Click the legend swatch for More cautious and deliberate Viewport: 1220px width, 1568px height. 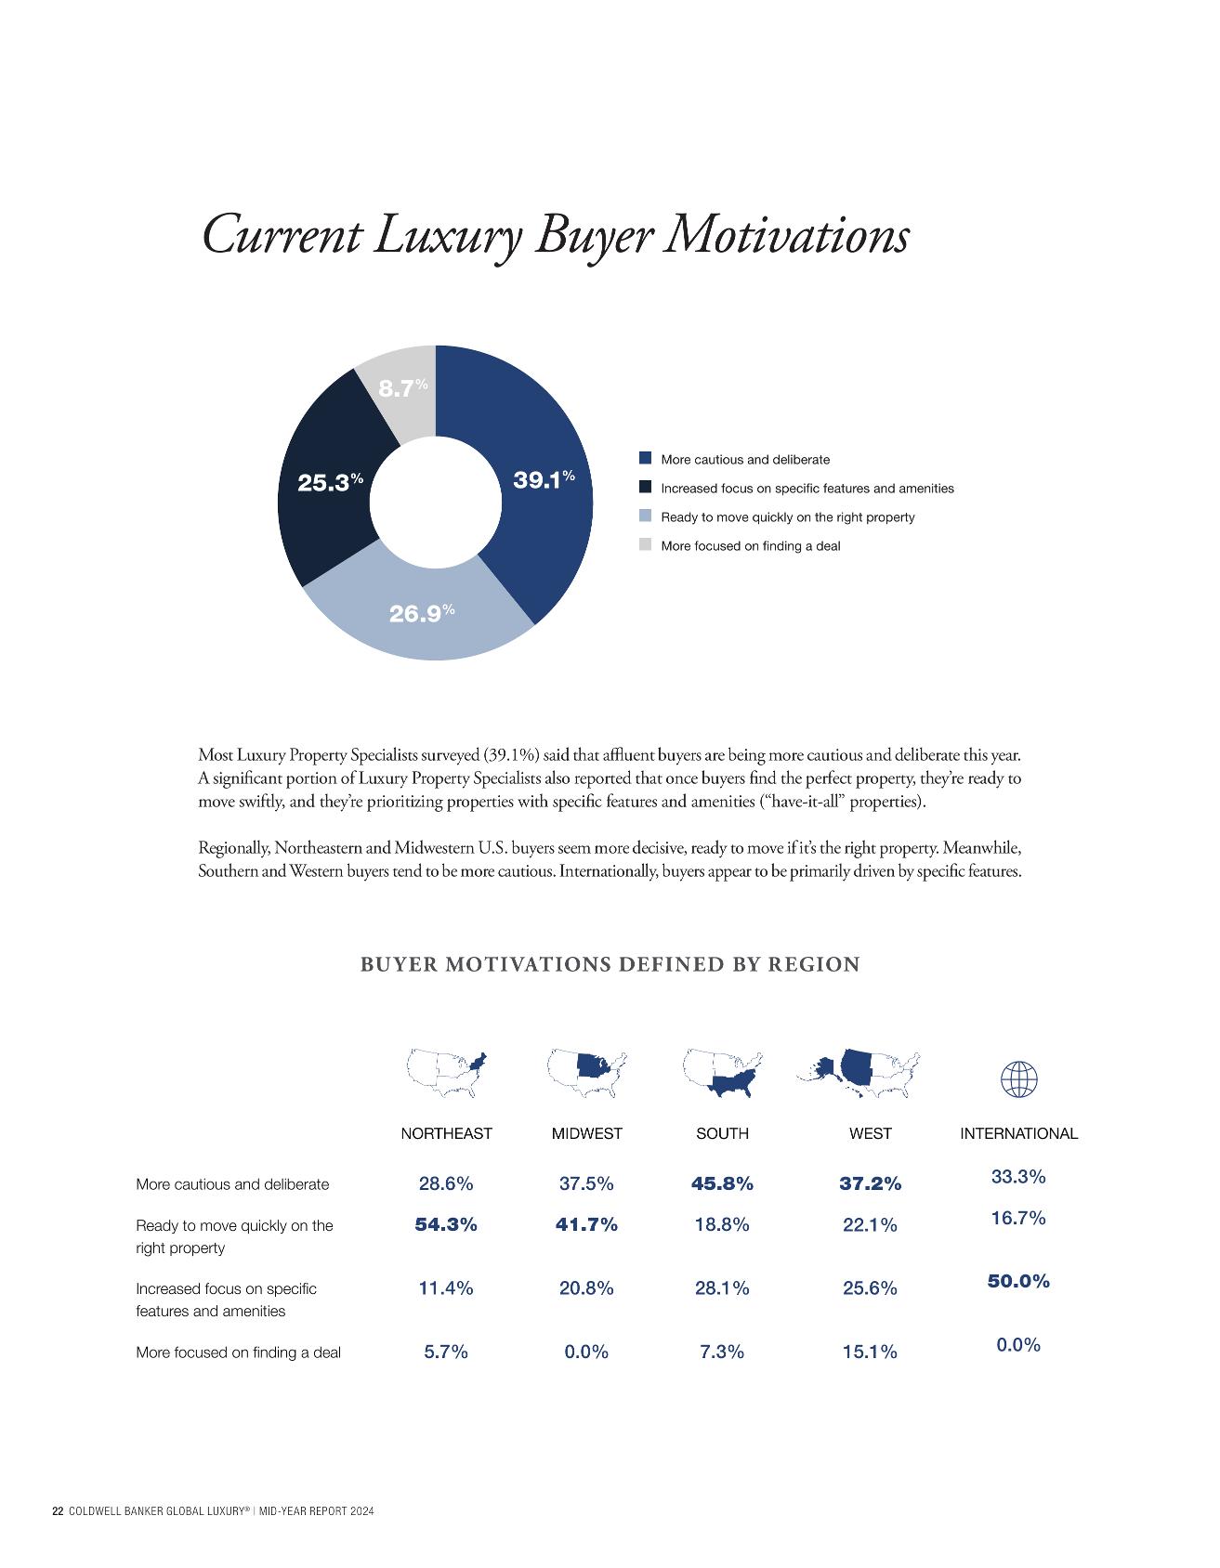point(645,458)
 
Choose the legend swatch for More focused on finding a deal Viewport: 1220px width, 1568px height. point(645,544)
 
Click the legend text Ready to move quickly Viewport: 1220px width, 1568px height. point(787,516)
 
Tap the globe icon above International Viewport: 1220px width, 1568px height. point(1018,1079)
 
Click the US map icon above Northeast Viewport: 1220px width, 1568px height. point(446,1074)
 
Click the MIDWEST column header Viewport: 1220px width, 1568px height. point(586,1133)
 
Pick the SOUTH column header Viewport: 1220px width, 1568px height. point(722,1133)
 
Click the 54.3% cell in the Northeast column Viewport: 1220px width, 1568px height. point(446,1224)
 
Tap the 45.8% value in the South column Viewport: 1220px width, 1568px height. point(722,1183)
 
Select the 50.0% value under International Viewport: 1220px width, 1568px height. point(1018,1281)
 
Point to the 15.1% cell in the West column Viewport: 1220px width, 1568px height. point(870,1352)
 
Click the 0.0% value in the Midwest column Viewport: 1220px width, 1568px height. point(586,1352)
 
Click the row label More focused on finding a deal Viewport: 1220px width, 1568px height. point(238,1352)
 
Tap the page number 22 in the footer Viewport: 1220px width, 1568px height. point(58,1511)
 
